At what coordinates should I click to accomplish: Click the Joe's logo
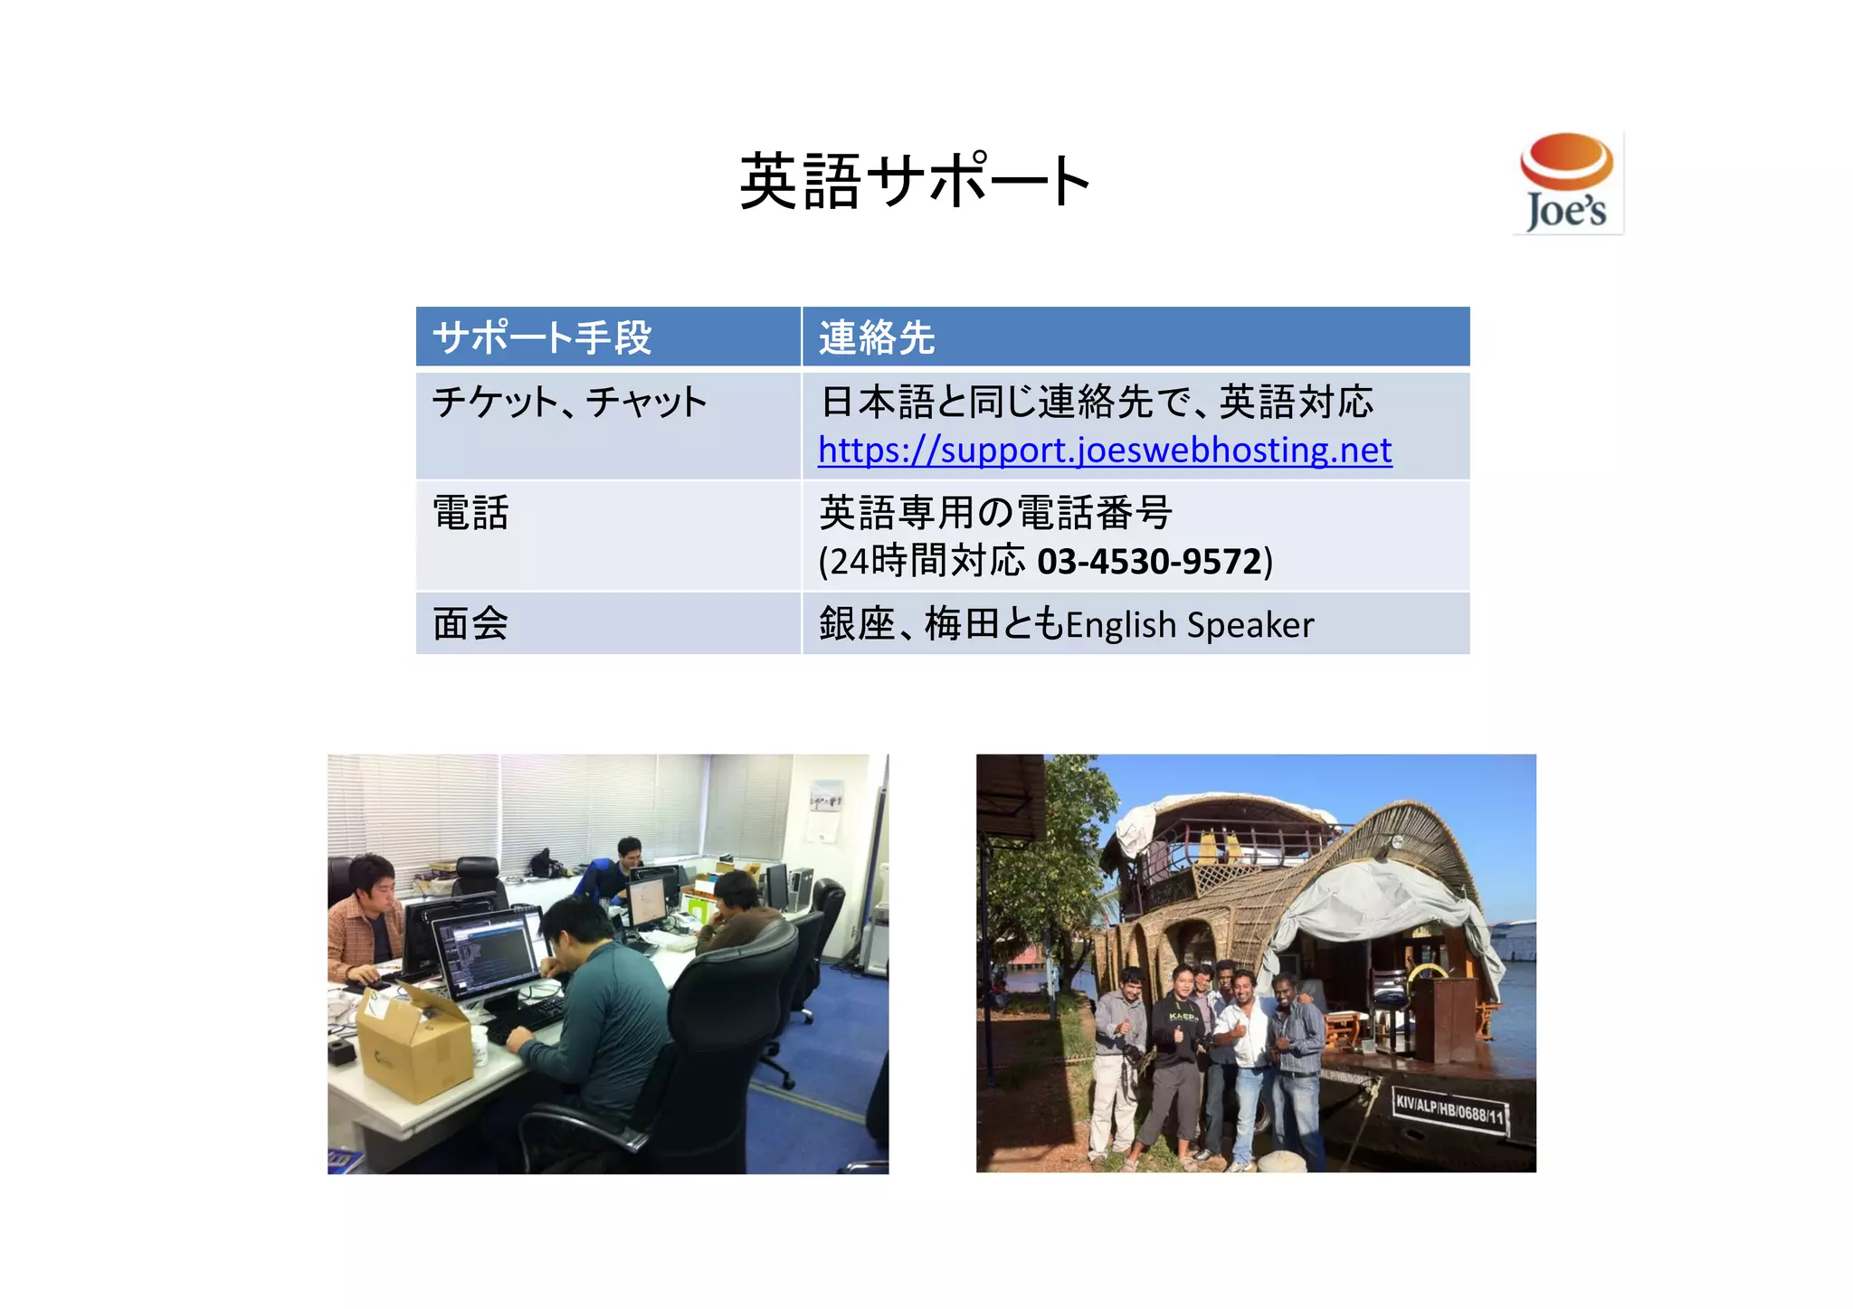click(1567, 183)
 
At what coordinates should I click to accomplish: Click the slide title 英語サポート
click(915, 182)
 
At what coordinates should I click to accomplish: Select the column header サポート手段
click(542, 337)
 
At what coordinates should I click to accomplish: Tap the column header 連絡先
click(876, 337)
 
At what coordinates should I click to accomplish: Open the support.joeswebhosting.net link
click(1104, 451)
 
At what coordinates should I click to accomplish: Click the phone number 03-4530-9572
click(1149, 562)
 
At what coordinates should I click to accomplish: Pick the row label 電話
click(470, 513)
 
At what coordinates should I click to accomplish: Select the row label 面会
click(470, 624)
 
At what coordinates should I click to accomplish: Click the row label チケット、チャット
click(568, 402)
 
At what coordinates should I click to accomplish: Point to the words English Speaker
click(1190, 625)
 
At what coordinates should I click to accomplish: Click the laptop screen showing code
click(489, 954)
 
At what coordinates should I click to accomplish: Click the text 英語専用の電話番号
click(995, 513)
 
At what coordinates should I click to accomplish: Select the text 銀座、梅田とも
click(941, 624)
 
